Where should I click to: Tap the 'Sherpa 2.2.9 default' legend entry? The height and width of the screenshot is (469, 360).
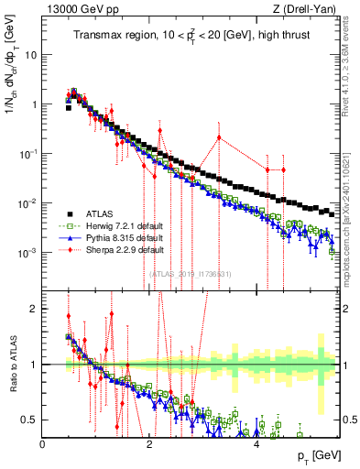point(118,248)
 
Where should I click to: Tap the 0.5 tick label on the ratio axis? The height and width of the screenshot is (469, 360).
point(31,420)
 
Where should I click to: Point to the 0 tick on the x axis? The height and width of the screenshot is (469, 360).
point(42,444)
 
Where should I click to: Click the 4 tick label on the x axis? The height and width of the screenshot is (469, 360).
point(255,444)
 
